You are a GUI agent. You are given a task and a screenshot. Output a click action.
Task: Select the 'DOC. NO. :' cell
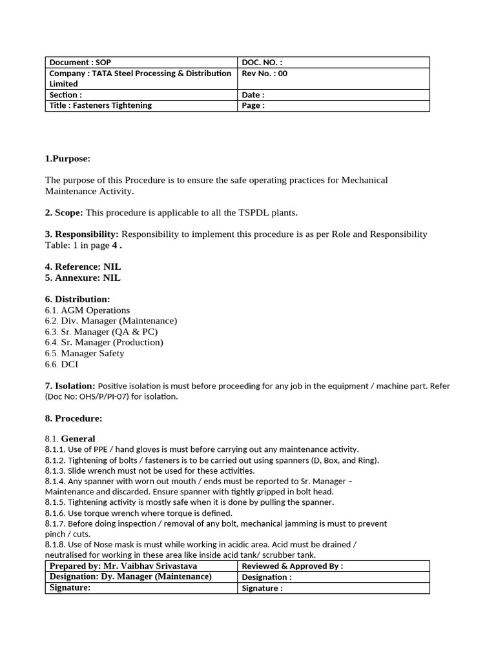pyautogui.click(x=262, y=63)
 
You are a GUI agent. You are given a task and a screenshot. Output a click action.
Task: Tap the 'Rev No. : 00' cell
pyautogui.click(x=265, y=74)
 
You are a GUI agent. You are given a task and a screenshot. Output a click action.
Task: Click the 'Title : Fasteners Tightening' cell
pyautogui.click(x=101, y=105)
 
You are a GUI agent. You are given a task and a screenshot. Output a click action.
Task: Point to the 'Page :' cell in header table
pyautogui.click(x=253, y=105)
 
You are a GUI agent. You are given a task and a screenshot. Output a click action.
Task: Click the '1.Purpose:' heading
pyautogui.click(x=68, y=159)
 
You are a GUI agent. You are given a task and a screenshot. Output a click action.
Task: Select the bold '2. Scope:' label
pyautogui.click(x=64, y=212)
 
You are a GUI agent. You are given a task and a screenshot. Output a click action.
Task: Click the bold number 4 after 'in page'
pyautogui.click(x=115, y=245)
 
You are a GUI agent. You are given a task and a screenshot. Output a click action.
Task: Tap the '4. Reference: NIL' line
pyautogui.click(x=83, y=267)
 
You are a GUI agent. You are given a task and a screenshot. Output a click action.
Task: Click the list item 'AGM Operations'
pyautogui.click(x=95, y=310)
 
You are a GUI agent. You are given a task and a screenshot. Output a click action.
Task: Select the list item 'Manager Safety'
pyautogui.click(x=92, y=353)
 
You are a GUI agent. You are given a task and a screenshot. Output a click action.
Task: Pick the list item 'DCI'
pyautogui.click(x=70, y=364)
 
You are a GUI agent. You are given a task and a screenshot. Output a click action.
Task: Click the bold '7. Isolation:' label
pyautogui.click(x=70, y=385)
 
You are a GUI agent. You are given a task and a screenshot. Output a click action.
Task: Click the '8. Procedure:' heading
pyautogui.click(x=74, y=418)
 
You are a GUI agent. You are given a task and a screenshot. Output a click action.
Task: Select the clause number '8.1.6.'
pyautogui.click(x=55, y=513)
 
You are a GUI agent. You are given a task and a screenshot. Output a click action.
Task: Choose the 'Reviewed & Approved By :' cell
pyautogui.click(x=292, y=566)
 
